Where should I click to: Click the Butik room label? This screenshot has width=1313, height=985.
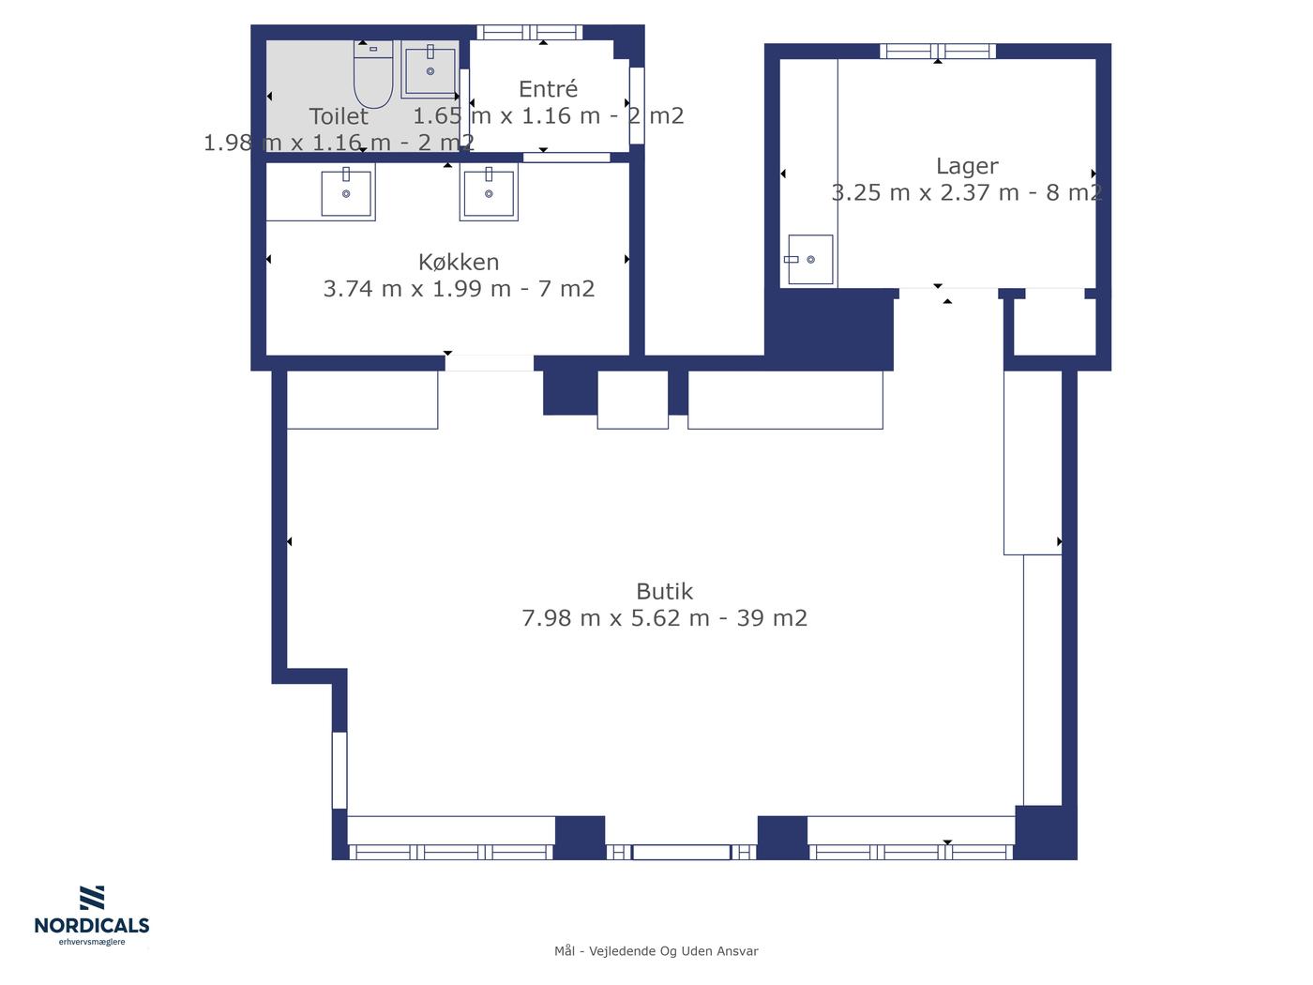pyautogui.click(x=664, y=592)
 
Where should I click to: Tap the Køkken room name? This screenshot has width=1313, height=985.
pyautogui.click(x=459, y=262)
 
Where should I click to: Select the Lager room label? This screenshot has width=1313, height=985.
pyautogui.click(x=967, y=167)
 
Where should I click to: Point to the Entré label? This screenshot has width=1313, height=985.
pyautogui.click(x=548, y=88)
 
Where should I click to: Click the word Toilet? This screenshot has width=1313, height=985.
pyautogui.click(x=339, y=116)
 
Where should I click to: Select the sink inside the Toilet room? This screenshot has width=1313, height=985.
pyautogui.click(x=430, y=69)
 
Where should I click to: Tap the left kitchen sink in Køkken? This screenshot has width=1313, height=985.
pyautogui.click(x=346, y=192)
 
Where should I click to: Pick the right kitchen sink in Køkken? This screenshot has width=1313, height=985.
pyautogui.click(x=489, y=192)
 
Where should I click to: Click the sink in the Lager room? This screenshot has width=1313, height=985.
pyautogui.click(x=810, y=260)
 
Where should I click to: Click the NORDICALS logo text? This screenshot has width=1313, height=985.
pyautogui.click(x=92, y=925)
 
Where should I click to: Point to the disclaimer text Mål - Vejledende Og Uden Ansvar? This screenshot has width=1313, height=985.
pyautogui.click(x=656, y=951)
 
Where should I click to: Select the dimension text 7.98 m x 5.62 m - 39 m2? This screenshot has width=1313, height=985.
pyautogui.click(x=664, y=618)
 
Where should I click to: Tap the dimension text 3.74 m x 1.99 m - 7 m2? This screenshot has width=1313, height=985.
pyautogui.click(x=459, y=288)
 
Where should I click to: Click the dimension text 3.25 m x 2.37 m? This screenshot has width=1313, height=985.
pyautogui.click(x=925, y=192)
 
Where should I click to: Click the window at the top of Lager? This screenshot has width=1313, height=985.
pyautogui.click(x=937, y=52)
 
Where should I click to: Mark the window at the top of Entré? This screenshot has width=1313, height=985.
pyautogui.click(x=529, y=32)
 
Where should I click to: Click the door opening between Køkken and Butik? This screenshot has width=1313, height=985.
pyautogui.click(x=489, y=363)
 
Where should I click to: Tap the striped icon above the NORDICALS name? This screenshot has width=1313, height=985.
pyautogui.click(x=92, y=898)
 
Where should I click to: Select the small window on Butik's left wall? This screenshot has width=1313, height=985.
pyautogui.click(x=340, y=770)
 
